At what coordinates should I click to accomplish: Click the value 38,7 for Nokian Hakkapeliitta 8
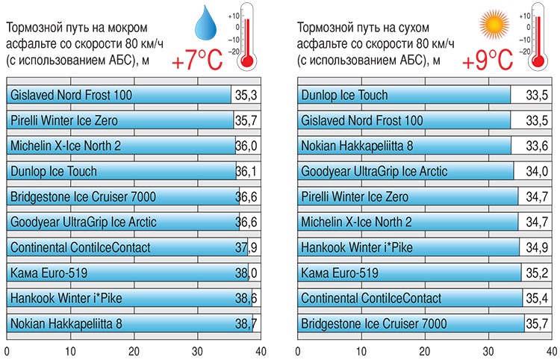coord(246,324)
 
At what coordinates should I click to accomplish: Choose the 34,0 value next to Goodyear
coord(537,172)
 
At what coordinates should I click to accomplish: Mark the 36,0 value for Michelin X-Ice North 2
coord(246,146)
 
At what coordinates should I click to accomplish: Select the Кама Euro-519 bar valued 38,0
coord(127,273)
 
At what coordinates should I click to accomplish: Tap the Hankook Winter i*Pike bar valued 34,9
coord(407,248)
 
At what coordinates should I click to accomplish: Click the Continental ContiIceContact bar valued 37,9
coord(127,248)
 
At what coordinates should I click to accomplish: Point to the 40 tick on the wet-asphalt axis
coord(259,350)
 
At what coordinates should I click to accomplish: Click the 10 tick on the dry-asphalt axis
coord(361,350)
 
